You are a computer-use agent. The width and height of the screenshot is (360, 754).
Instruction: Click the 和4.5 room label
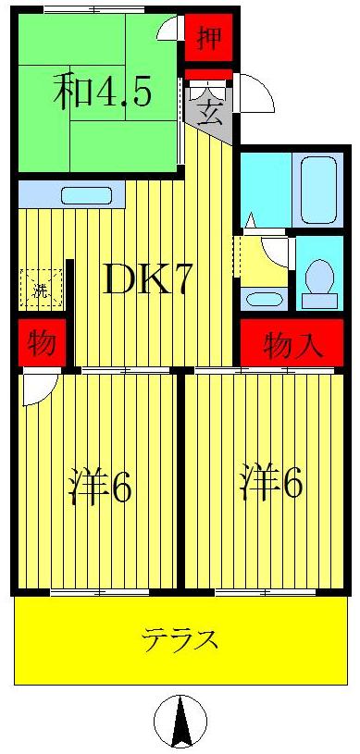click(101, 92)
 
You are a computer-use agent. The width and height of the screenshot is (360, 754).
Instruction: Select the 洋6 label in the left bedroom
click(100, 487)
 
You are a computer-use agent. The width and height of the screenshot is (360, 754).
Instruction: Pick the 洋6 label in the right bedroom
click(270, 484)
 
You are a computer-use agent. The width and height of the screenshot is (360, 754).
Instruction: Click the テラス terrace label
click(180, 638)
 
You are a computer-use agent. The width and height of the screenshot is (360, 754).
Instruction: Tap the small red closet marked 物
click(39, 344)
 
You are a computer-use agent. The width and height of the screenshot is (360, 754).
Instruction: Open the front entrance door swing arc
click(254, 94)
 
